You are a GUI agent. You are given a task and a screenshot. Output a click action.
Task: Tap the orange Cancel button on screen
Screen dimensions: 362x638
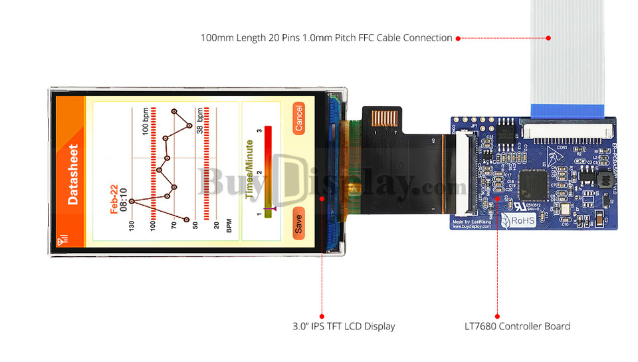(x=298, y=119)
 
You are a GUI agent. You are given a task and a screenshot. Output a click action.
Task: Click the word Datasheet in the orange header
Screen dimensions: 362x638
(x=72, y=174)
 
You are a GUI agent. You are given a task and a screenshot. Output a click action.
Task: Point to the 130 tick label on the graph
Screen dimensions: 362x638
(x=132, y=227)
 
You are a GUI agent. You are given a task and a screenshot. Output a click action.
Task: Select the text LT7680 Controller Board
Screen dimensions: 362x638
(x=517, y=326)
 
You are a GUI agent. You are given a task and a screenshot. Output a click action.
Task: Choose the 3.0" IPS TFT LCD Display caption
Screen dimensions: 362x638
(x=344, y=326)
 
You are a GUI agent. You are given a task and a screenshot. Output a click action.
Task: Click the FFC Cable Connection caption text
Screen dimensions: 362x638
(x=326, y=38)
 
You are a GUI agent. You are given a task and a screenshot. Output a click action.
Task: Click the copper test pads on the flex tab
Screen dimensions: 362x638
(x=384, y=118)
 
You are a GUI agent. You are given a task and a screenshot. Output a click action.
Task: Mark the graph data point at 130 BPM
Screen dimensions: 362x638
(x=132, y=200)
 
